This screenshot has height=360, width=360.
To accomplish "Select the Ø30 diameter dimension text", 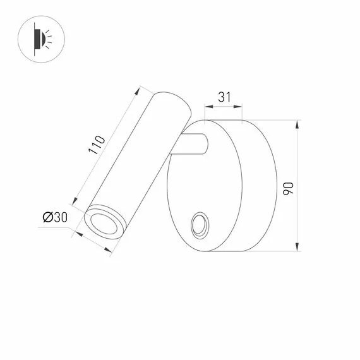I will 55,217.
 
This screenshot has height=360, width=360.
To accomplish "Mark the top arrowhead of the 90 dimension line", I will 297,123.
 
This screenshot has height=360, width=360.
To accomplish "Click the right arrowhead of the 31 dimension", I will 243,107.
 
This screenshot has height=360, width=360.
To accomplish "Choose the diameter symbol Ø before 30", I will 47,217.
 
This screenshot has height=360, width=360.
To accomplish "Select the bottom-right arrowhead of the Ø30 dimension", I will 112,252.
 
